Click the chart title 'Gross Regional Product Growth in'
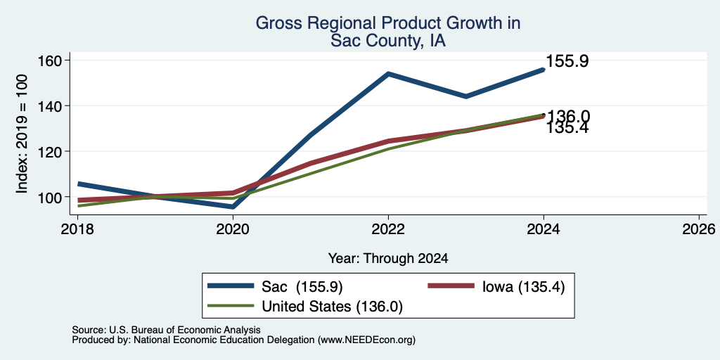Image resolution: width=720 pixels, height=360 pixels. (388, 23)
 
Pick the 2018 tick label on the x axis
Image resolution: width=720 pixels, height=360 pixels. (77, 229)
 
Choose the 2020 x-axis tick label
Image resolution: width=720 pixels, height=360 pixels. (233, 229)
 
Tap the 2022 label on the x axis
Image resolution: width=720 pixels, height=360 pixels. (388, 229)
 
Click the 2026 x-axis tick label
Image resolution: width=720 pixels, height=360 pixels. (699, 229)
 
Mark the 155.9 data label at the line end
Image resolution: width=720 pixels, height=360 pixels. (567, 61)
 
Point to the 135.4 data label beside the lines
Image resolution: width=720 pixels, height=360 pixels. (567, 128)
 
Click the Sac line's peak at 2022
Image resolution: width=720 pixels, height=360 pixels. (388, 73)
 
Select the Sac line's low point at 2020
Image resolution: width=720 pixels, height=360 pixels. (233, 207)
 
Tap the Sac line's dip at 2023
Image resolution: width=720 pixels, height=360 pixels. (465, 96)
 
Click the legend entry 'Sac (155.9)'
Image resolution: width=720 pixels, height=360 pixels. (275, 287)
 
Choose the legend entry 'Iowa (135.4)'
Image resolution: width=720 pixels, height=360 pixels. (496, 287)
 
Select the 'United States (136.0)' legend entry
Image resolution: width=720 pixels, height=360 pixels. (305, 306)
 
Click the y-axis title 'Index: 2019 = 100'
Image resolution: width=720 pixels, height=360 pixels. (22, 134)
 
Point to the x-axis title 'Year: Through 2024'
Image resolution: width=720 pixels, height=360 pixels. (388, 259)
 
